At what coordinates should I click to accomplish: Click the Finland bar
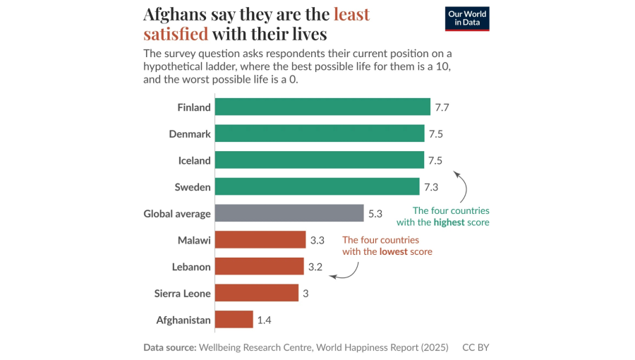click(x=322, y=107)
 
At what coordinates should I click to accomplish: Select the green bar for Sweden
click(x=317, y=187)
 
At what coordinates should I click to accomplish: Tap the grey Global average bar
click(x=289, y=213)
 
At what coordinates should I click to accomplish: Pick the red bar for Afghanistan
click(x=234, y=320)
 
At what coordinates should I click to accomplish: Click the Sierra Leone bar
click(x=257, y=293)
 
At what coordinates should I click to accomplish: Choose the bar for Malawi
click(x=260, y=240)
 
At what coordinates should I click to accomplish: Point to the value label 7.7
click(x=442, y=107)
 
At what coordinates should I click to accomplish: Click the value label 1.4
click(x=265, y=320)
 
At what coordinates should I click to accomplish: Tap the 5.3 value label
click(x=375, y=213)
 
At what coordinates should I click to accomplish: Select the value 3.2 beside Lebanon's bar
click(x=316, y=267)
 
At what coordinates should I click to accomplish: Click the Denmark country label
click(x=190, y=134)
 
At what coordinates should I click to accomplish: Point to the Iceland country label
click(x=194, y=160)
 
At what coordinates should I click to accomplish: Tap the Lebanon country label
click(x=191, y=267)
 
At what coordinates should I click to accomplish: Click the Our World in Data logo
click(x=467, y=19)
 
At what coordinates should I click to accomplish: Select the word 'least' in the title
click(x=351, y=14)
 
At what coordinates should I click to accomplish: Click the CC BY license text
click(x=476, y=347)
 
